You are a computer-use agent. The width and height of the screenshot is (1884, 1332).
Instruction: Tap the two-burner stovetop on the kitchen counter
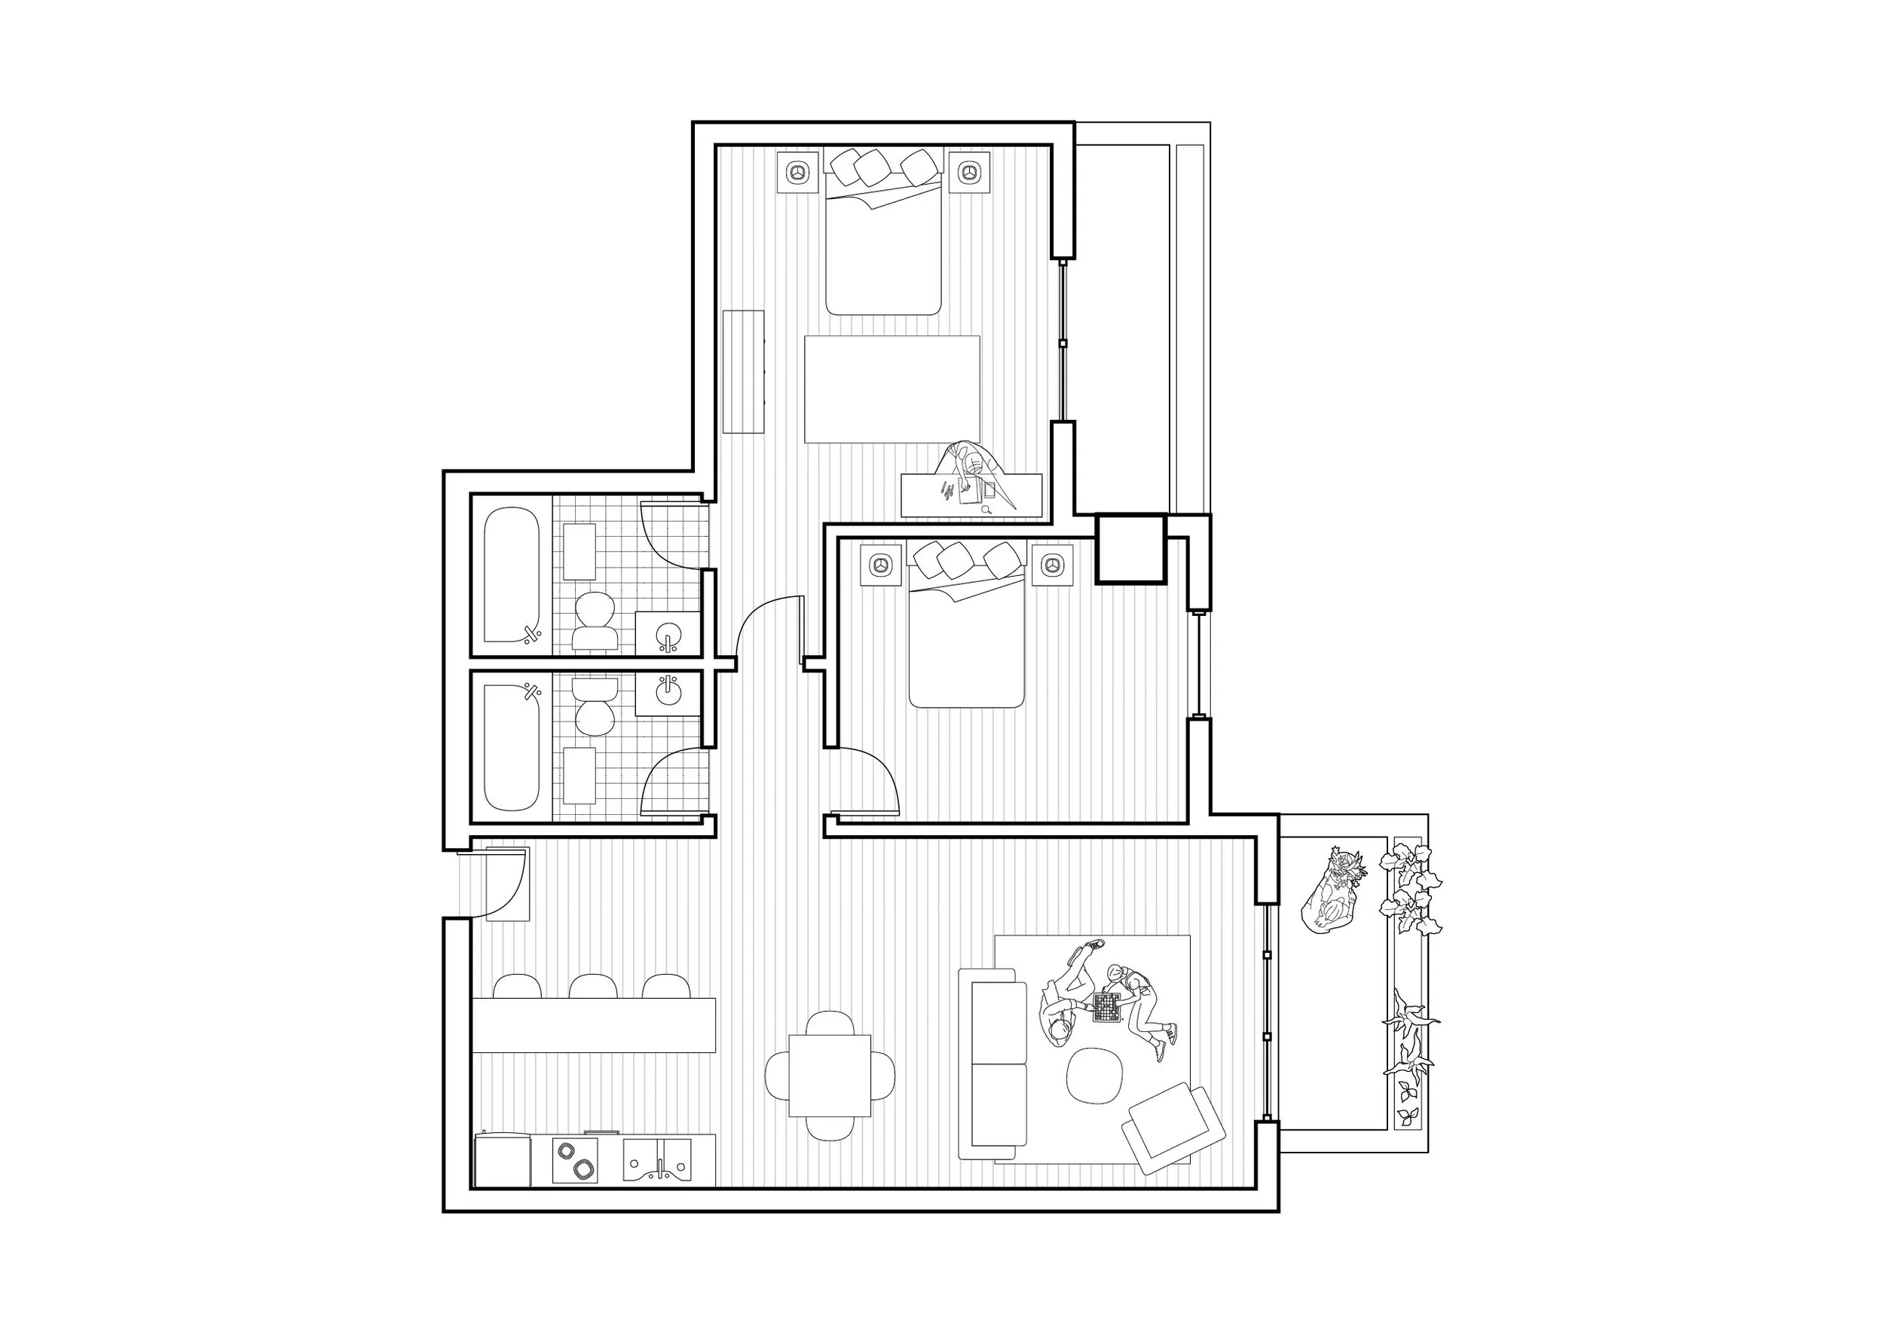pyautogui.click(x=574, y=1159)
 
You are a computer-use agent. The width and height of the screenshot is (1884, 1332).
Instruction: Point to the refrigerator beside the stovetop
pyautogui.click(x=502, y=1160)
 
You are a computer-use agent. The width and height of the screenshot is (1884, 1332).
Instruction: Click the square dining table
pyautogui.click(x=830, y=1075)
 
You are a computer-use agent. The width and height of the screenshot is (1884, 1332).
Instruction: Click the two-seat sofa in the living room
pyautogui.click(x=998, y=1064)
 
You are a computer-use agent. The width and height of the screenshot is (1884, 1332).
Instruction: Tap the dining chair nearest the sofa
pyautogui.click(x=882, y=1075)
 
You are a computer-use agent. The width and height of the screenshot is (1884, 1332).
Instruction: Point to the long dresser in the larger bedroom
pyautogui.click(x=743, y=372)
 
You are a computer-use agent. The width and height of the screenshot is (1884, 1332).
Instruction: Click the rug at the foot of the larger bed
pyautogui.click(x=892, y=389)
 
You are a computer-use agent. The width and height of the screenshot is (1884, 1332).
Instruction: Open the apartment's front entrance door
pyautogui.click(x=500, y=886)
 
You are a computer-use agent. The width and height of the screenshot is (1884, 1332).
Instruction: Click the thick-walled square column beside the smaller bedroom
pyautogui.click(x=1130, y=548)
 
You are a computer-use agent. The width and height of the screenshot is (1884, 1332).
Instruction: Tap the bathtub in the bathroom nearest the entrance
pyautogui.click(x=512, y=748)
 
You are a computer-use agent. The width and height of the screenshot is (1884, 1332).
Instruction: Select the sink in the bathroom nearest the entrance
pyautogui.click(x=668, y=691)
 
